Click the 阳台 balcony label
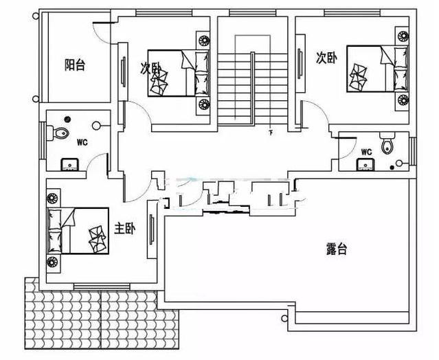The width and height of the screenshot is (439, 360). click(75, 66)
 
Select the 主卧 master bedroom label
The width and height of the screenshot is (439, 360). click(124, 229)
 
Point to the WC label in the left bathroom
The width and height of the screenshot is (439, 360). click(82, 143)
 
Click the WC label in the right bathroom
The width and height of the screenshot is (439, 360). click(365, 152)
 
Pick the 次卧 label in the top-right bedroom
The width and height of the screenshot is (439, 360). click(326, 58)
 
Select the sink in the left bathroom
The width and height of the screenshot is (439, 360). click(70, 164)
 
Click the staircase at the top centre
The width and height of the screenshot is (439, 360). click(251, 82)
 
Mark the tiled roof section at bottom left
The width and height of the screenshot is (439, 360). click(102, 319)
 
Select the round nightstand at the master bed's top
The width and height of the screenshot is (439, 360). click(52, 199)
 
